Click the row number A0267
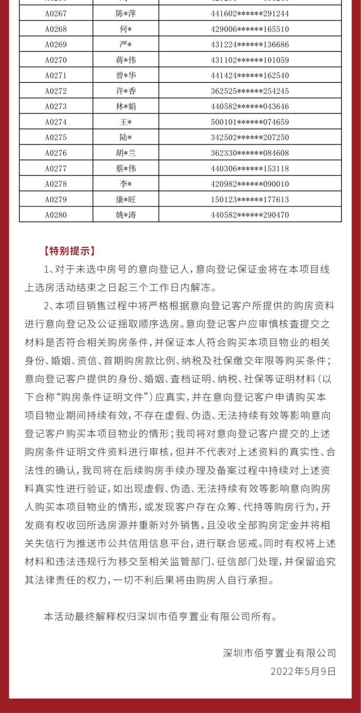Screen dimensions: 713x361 click(x=56, y=14)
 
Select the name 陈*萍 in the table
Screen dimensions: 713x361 click(x=125, y=14)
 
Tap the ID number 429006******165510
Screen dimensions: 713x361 click(x=250, y=29)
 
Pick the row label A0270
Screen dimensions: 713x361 click(x=56, y=60)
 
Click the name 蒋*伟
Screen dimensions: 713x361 click(x=125, y=60)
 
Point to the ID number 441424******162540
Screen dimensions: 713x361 click(x=250, y=76)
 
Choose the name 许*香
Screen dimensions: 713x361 click(x=125, y=91)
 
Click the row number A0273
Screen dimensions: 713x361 click(x=56, y=106)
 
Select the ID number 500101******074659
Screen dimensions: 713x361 click(x=250, y=122)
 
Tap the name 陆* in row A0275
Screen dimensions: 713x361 click(x=125, y=138)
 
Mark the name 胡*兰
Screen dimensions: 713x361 click(x=125, y=153)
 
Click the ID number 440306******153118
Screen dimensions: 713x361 click(x=250, y=168)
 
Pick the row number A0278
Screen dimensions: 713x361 click(x=56, y=184)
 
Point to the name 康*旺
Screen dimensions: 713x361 click(x=125, y=199)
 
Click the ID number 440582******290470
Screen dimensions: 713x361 click(x=250, y=215)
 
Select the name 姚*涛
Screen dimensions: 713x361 click(x=125, y=215)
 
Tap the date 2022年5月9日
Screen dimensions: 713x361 click(x=303, y=672)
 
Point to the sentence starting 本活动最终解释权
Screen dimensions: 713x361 click(x=160, y=616)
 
